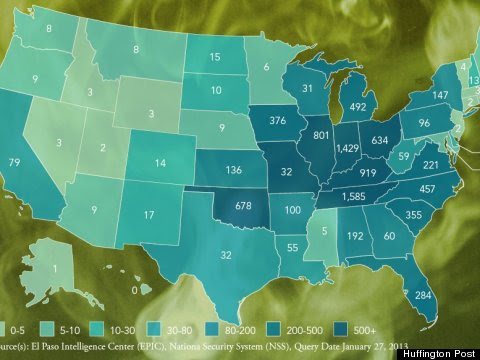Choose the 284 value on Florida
pos(423,296)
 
